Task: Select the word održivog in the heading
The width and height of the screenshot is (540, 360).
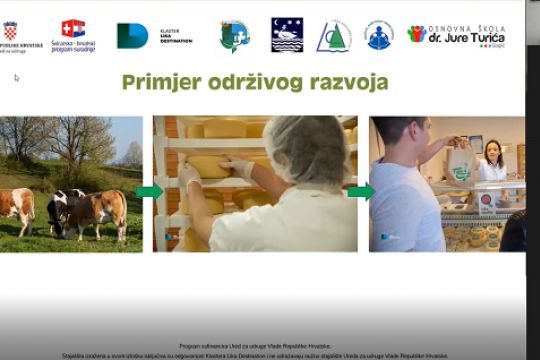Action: [x=255, y=82]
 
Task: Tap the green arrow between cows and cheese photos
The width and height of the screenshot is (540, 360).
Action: [x=148, y=191]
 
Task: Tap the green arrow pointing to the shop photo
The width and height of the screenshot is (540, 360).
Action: [x=361, y=191]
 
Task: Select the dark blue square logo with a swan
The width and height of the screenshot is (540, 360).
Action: [x=287, y=35]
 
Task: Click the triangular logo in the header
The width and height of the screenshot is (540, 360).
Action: [x=334, y=36]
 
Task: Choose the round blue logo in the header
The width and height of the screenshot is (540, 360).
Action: [x=378, y=35]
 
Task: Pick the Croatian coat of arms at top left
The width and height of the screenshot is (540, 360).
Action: [x=10, y=30]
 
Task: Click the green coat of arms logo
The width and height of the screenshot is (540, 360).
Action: [x=234, y=35]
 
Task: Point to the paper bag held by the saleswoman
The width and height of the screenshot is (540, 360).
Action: [x=460, y=163]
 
